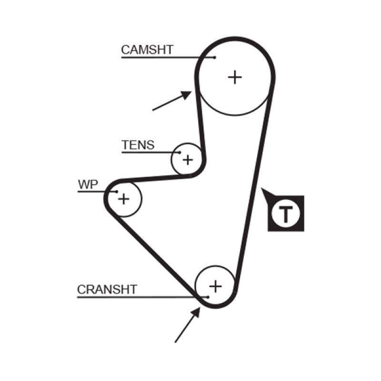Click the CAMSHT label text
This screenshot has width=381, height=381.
[147, 50]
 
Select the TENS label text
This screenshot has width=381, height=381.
[138, 145]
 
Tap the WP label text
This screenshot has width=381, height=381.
[88, 185]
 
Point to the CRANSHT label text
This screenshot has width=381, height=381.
[107, 289]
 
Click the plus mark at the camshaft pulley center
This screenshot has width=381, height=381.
[235, 77]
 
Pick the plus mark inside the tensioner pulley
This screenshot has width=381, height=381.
[188, 160]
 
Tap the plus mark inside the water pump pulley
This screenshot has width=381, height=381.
[123, 199]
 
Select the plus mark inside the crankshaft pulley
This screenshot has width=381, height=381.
[216, 286]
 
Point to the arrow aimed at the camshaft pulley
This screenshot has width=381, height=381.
[172, 100]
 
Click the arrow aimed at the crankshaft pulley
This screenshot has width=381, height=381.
[188, 325]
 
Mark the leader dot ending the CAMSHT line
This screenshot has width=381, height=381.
[215, 58]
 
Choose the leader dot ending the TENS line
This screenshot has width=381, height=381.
[180, 153]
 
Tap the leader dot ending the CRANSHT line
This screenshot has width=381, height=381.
[208, 297]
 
